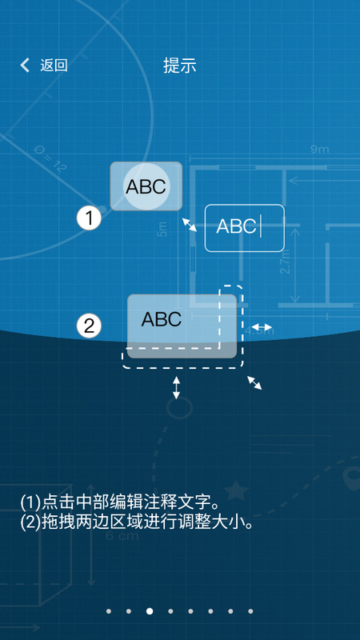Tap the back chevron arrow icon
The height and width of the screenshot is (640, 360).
coord(25,66)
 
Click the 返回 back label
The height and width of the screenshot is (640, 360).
coord(54,66)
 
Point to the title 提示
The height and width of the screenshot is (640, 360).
coord(179,66)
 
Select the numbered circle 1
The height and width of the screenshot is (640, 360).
coord(89,218)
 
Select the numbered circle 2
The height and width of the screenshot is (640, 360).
coord(89,326)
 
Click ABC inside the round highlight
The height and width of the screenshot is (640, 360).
coord(146,186)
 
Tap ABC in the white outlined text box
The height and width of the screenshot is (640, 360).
coord(237,226)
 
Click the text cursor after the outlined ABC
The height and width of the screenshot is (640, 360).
coord(261,226)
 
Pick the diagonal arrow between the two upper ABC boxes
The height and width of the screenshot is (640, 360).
coord(190,224)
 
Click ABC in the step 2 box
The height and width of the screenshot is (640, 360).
coord(162,319)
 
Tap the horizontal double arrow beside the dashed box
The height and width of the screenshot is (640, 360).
coord(262,327)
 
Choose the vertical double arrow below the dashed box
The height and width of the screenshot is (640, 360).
coord(177,388)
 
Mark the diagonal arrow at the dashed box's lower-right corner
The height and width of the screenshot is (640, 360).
coord(254,383)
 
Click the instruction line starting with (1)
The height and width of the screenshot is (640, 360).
coord(119,502)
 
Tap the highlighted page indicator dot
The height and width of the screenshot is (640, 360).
coord(150,611)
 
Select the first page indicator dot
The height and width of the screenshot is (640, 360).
coord(109,611)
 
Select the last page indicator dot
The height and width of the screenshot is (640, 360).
coord(250,611)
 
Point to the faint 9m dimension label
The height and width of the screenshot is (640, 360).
coord(319,150)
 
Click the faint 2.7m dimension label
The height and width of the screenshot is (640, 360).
coord(286,262)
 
